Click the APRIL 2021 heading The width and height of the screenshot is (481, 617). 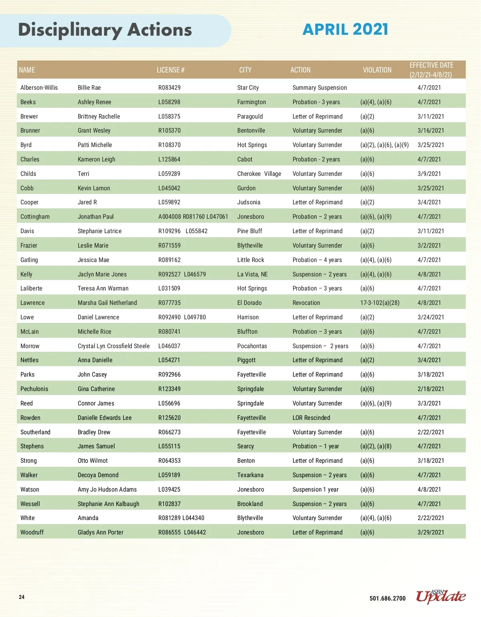coord(345,29)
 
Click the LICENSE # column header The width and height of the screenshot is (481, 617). coord(170,70)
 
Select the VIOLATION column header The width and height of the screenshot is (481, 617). coord(377,70)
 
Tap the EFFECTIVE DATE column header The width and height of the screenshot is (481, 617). coord(431,70)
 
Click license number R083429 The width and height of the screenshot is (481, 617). coord(170,88)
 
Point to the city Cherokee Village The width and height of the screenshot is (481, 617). coord(259,174)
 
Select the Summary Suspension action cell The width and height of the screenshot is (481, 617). coord(319,88)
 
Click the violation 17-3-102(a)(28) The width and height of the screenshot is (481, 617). coord(380,303)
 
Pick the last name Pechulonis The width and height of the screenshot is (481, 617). coord(34,389)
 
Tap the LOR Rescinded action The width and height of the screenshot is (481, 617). coord(311,418)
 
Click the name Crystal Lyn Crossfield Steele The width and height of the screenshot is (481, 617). coord(113,346)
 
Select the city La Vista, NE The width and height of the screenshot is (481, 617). coord(252,274)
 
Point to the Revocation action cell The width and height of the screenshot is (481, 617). coord(306,303)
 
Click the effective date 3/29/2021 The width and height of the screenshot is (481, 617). coord(430,532)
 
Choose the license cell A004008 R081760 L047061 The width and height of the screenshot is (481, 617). coord(193,217)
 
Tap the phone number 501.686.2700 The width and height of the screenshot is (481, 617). coord(387,599)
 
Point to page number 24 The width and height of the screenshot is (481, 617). coord(22,597)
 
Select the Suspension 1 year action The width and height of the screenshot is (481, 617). coord(315,490)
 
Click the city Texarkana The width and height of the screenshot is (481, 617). coord(250,475)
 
